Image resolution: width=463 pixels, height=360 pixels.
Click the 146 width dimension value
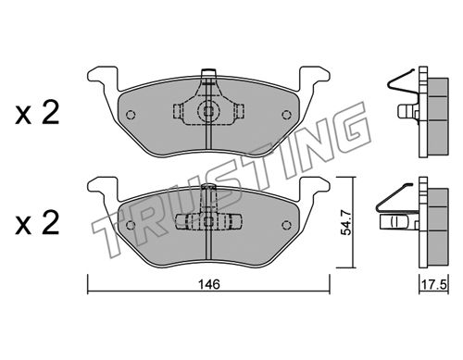[x=209, y=284]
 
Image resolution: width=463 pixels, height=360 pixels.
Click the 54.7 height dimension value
[x=345, y=222]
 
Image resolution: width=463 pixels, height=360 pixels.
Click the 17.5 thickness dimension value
[x=433, y=285]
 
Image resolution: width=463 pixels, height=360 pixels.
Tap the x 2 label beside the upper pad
[x=37, y=114]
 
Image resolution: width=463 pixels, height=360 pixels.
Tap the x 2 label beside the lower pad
[x=37, y=224]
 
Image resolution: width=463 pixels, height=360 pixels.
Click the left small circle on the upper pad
[x=131, y=115]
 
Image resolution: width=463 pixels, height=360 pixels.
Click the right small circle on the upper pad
[x=287, y=115]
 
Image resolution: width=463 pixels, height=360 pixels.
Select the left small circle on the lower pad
[x=131, y=225]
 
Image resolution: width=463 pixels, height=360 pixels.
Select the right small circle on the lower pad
[x=287, y=225]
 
